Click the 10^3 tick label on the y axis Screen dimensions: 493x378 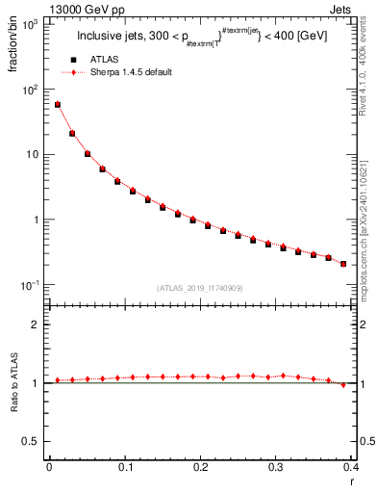point(29,24)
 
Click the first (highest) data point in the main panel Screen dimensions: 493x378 point(58,104)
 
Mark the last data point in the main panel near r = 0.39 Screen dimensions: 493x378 point(343,263)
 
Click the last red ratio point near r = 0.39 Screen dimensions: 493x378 point(343,385)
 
